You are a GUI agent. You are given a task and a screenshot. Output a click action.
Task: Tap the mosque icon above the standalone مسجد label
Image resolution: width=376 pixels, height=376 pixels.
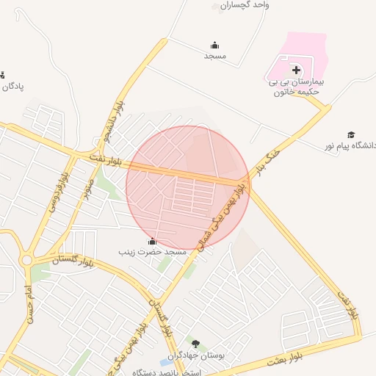coord(214,45)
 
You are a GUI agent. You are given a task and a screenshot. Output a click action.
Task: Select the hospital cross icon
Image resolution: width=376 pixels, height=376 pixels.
coord(296,70)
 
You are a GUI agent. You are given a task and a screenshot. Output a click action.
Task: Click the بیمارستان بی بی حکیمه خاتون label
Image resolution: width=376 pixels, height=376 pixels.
coord(297,87)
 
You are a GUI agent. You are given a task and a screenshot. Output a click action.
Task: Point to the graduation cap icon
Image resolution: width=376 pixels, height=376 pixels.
coord(351,134)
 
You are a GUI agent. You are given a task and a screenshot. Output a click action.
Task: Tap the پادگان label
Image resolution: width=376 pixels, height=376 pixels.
coord(12,86)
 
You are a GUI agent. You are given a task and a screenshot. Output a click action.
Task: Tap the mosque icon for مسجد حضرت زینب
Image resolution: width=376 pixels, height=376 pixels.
coord(152,241)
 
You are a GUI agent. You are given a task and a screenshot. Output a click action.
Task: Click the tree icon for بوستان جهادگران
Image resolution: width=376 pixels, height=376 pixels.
coord(195,344)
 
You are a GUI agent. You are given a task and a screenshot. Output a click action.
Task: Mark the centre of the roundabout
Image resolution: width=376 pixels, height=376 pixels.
coord(26,260)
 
